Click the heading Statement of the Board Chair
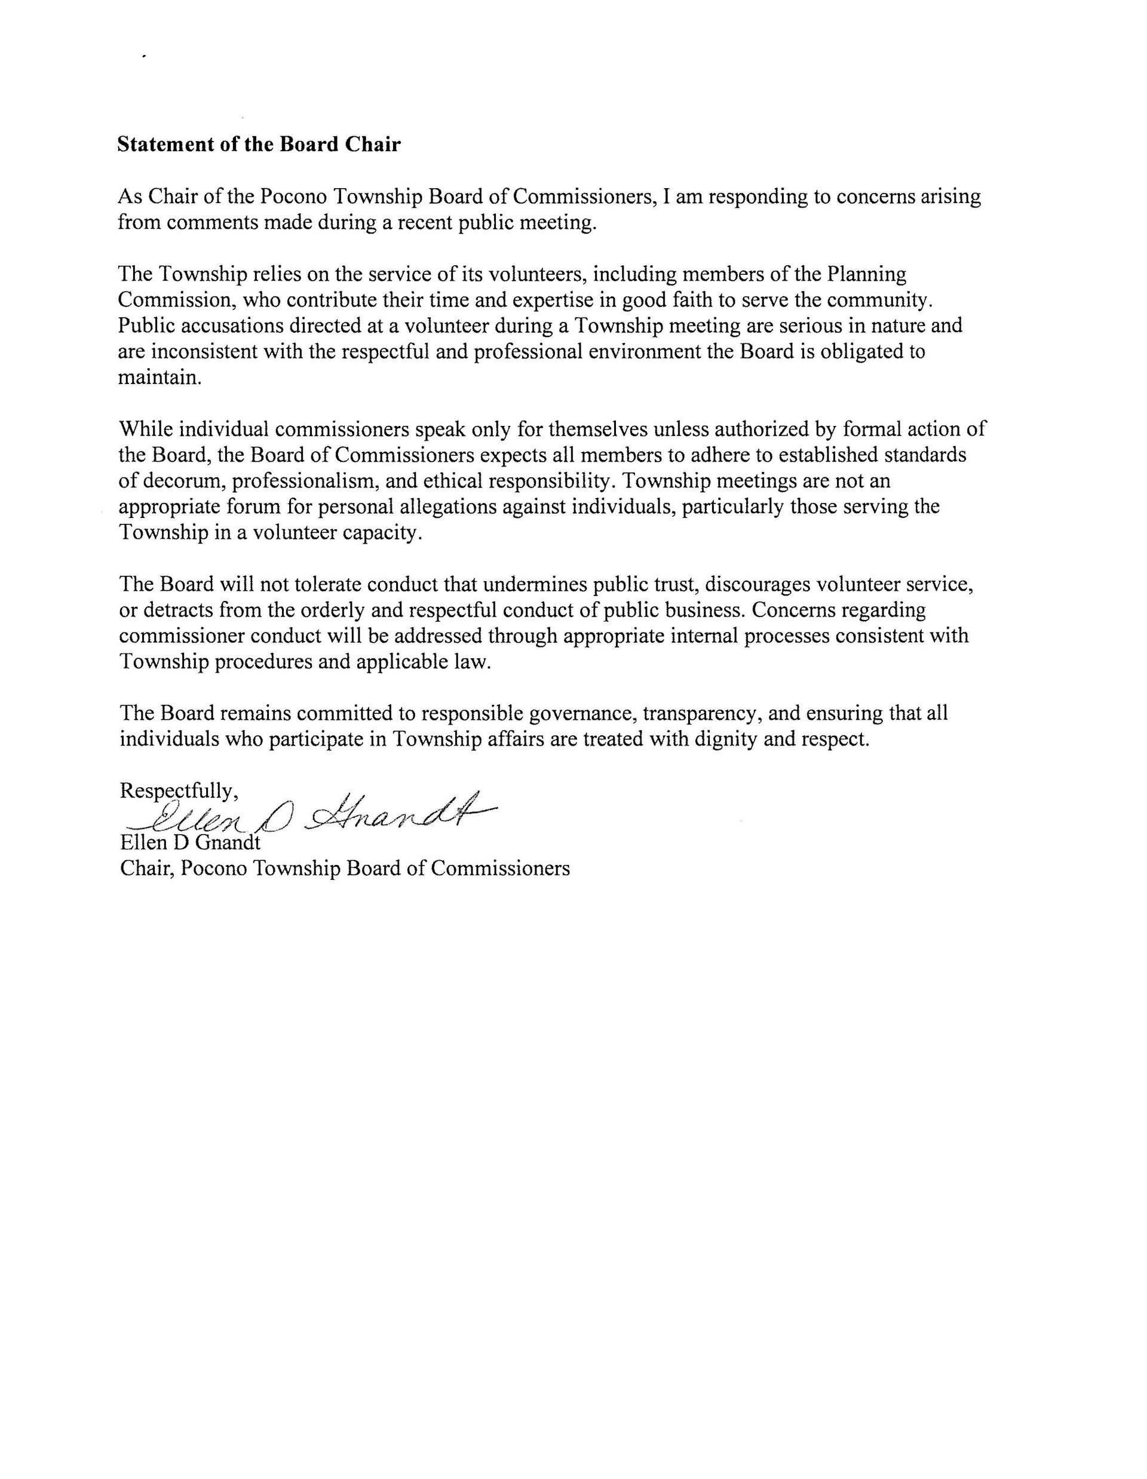pos(259,144)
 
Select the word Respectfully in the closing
pos(178,791)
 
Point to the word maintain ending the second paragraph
pos(159,377)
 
